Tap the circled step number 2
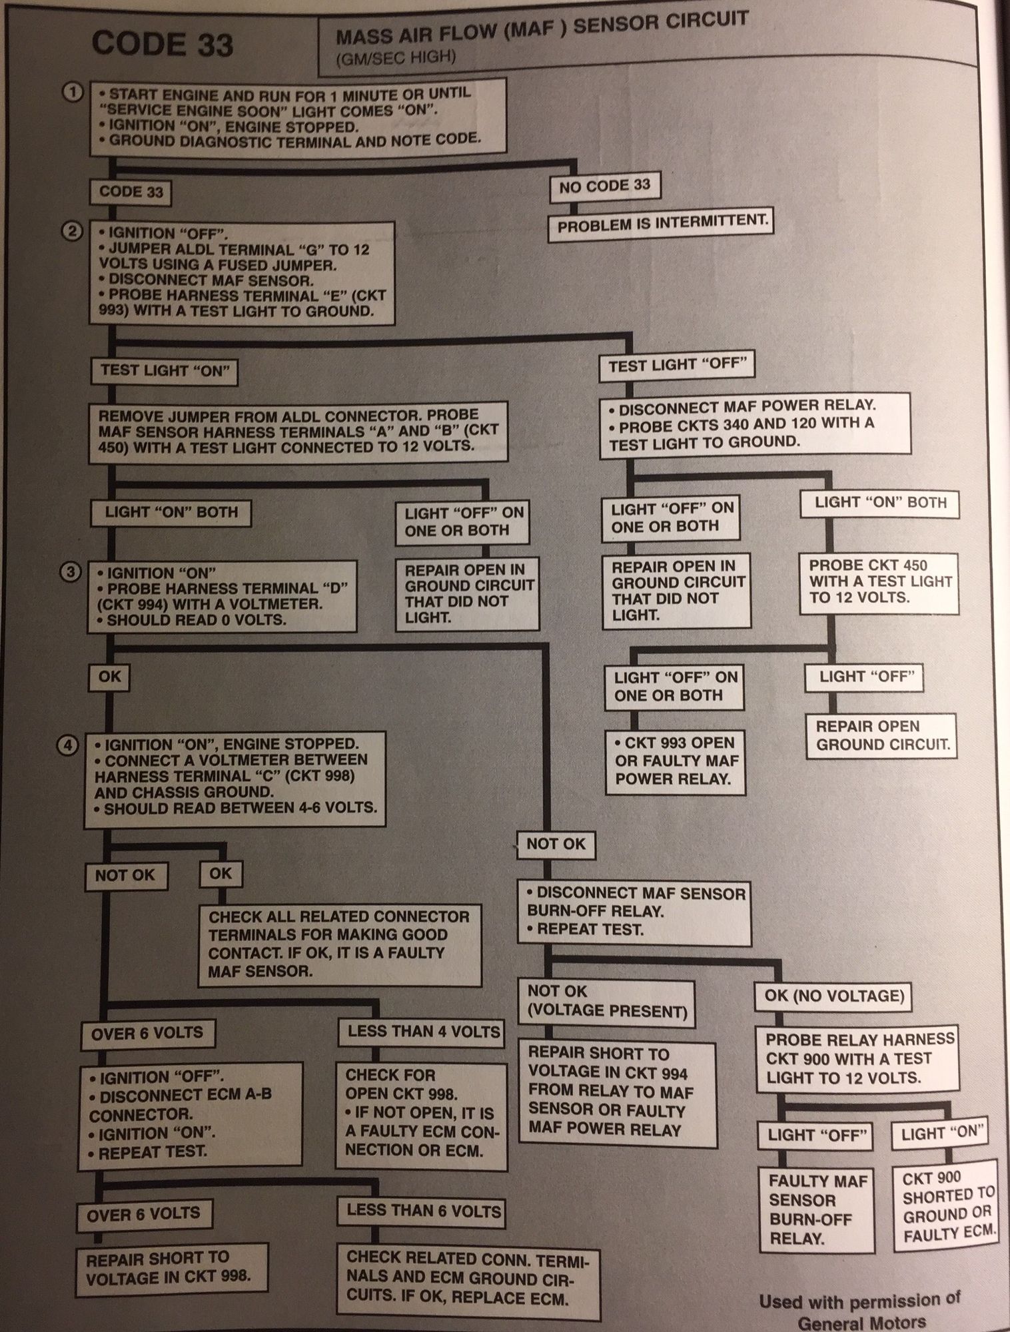[x=73, y=232]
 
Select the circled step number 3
[x=71, y=572]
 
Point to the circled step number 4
[x=69, y=745]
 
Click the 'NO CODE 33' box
[x=604, y=187]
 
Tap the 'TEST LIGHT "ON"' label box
[x=165, y=371]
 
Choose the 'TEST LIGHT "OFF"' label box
[x=677, y=365]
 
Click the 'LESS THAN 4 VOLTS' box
[x=423, y=1032]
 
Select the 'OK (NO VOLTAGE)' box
[x=833, y=996]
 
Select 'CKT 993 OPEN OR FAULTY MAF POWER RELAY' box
[x=675, y=761]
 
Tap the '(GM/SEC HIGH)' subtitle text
[x=396, y=58]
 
